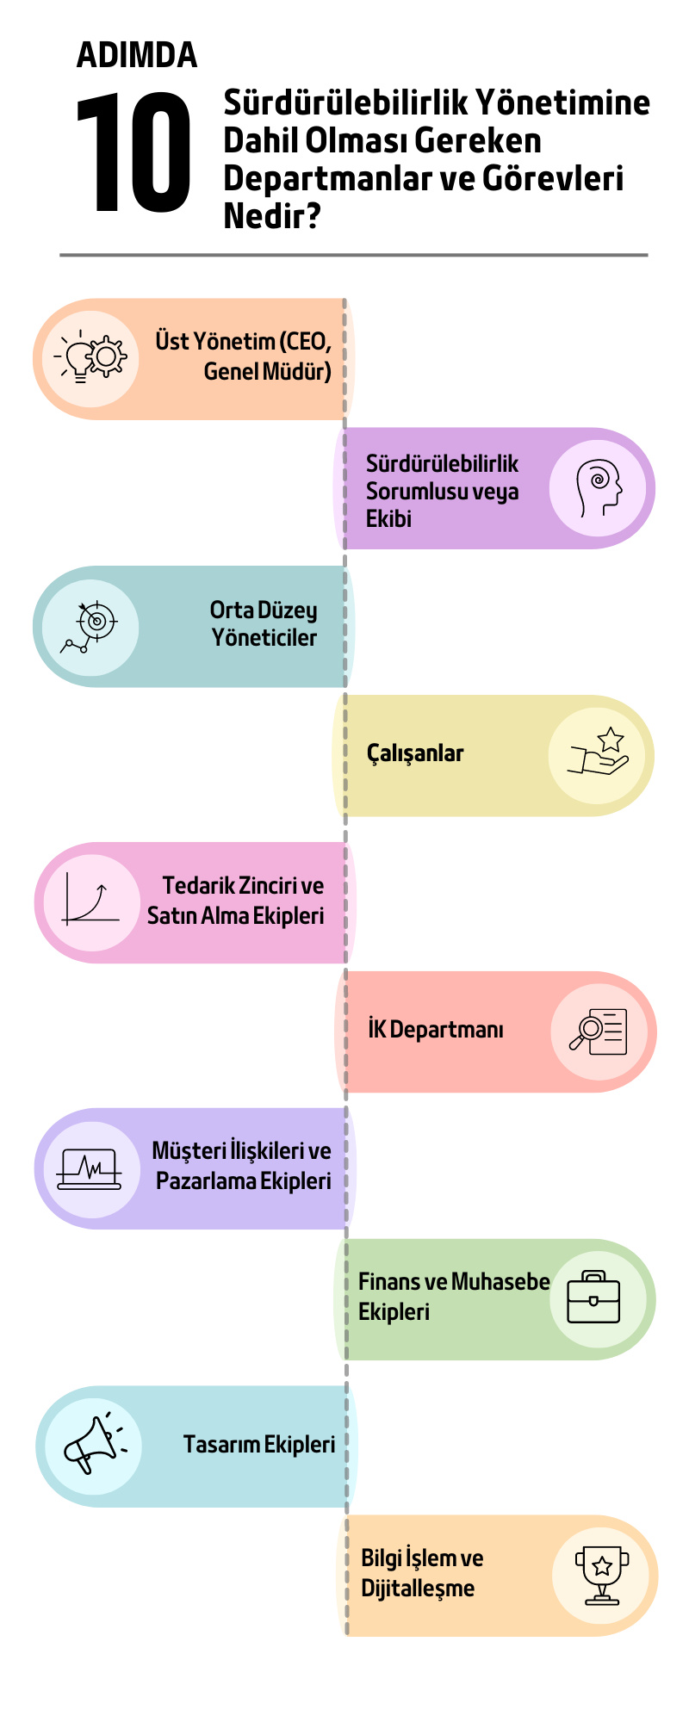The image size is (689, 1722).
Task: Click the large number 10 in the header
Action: tap(133, 152)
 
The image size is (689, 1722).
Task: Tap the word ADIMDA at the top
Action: tap(137, 55)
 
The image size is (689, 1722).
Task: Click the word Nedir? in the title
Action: tap(272, 215)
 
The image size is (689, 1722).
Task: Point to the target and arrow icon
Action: tap(89, 626)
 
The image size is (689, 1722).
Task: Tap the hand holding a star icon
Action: tap(599, 752)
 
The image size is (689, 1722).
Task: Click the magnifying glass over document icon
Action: tap(599, 1031)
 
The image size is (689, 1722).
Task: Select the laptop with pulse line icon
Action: tap(90, 1169)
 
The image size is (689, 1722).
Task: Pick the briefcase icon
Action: tap(594, 1297)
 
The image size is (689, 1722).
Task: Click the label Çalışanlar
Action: tap(415, 753)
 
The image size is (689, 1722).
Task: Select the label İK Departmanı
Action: tap(436, 1029)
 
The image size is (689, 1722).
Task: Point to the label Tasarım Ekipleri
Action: tap(259, 1444)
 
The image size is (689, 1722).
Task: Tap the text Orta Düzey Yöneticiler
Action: tap(264, 623)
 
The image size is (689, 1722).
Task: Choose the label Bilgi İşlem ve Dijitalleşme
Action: tap(422, 1572)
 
